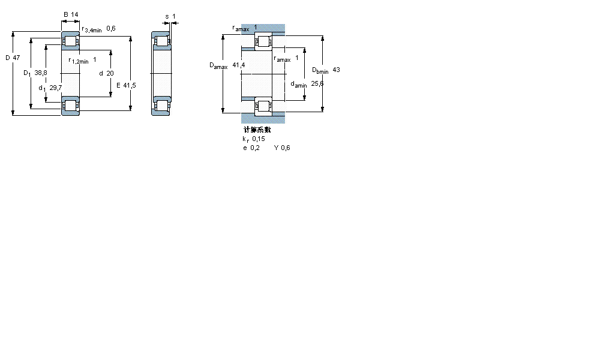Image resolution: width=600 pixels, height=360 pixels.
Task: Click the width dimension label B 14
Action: point(71,14)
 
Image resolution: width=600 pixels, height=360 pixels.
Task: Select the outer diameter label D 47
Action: point(13,58)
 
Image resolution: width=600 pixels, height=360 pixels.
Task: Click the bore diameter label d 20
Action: point(106,73)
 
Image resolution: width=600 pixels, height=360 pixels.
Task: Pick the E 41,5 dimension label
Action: point(126,85)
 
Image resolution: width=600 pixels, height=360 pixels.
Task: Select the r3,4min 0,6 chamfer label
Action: point(98,29)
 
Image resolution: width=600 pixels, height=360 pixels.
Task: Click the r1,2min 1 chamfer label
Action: point(82,60)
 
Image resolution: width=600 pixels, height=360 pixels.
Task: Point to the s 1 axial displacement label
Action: point(170,16)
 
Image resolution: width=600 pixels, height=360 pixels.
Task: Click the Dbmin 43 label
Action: point(326,70)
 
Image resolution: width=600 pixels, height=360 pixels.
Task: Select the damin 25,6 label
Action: point(307,84)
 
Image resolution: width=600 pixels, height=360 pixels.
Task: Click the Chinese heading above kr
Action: point(257,130)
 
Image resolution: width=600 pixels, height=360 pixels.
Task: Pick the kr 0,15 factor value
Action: point(253,139)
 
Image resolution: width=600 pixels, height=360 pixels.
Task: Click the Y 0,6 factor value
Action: point(282,148)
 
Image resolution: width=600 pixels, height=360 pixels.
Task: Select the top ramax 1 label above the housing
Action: point(244,28)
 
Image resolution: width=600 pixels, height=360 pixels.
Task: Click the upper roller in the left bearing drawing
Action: point(71,42)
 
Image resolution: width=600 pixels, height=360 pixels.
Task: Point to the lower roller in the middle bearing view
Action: point(161,106)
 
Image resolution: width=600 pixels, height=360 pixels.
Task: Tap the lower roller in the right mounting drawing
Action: point(263,107)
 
